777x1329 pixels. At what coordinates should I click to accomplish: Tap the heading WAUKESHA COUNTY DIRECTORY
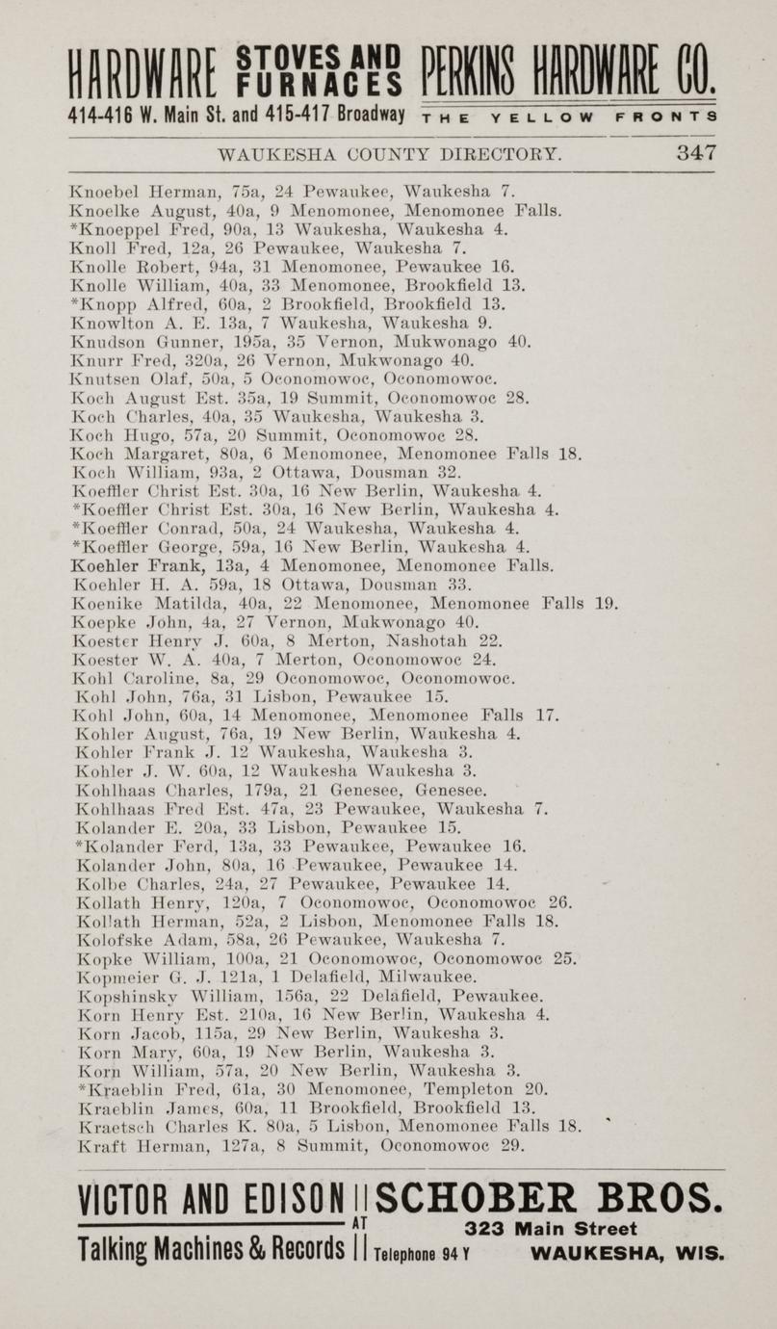pos(390,154)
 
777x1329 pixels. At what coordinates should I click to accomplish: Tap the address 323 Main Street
pos(550,1229)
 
